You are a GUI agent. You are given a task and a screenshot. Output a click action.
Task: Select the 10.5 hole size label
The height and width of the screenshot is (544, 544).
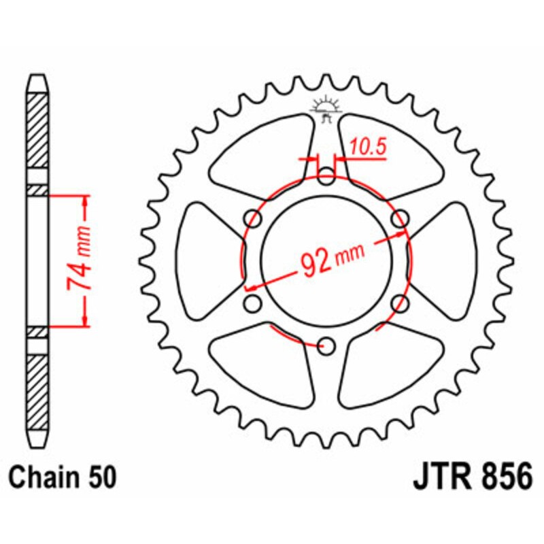(364, 145)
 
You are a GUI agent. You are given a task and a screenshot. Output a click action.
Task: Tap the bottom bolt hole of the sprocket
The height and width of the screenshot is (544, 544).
(327, 345)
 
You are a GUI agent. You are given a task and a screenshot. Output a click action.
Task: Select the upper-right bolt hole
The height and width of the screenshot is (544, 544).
(401, 219)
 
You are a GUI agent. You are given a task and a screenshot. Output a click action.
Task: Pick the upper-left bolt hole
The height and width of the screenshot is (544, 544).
(254, 219)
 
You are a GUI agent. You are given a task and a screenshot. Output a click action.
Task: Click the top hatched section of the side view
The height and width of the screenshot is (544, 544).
(38, 129)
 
